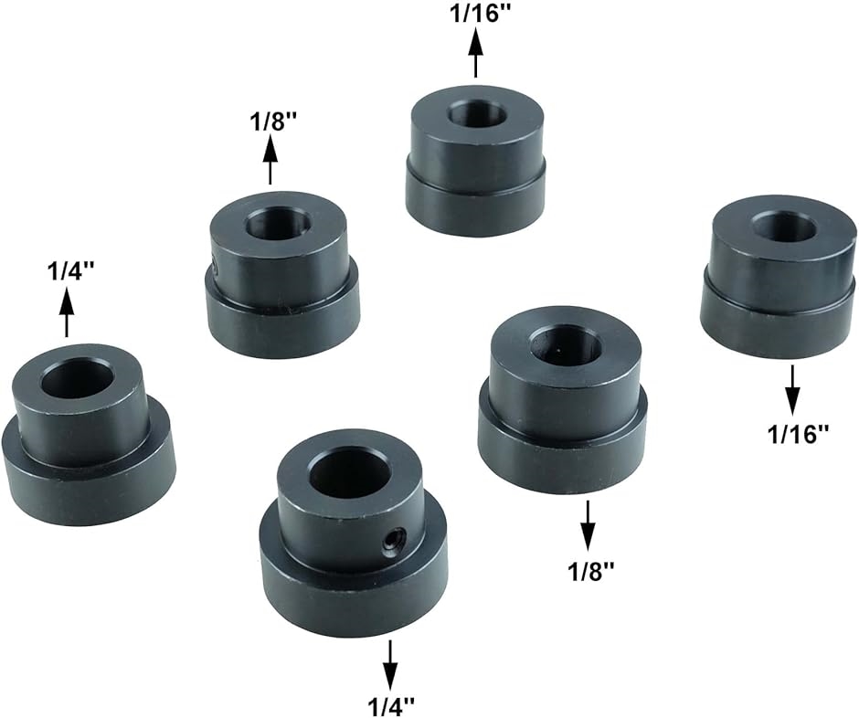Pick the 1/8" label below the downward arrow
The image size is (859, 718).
point(590,573)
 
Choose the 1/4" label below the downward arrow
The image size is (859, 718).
point(391,706)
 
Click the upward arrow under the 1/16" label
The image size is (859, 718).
point(475,53)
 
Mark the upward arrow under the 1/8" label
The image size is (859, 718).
point(270,160)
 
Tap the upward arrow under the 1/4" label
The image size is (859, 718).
point(67,312)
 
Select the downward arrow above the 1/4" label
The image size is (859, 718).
point(390,665)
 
